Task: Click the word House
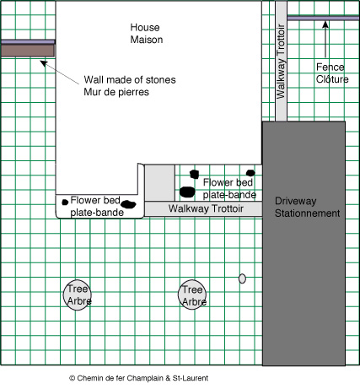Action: (x=145, y=27)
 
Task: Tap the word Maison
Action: (x=147, y=40)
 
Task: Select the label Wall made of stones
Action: (x=130, y=80)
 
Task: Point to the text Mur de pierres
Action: (x=116, y=92)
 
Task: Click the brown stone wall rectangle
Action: (x=28, y=51)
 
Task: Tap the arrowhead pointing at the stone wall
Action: (x=44, y=63)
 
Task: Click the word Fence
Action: (x=330, y=67)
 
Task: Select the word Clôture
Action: (x=332, y=79)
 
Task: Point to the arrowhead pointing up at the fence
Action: (x=325, y=24)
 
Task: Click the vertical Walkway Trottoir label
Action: (x=281, y=62)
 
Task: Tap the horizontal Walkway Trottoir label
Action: (x=206, y=208)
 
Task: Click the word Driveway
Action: (x=296, y=201)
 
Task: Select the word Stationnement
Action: (x=307, y=213)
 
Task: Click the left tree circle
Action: (x=78, y=295)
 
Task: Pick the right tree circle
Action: (x=192, y=294)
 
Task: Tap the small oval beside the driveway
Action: (x=242, y=278)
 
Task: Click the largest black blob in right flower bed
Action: (x=187, y=192)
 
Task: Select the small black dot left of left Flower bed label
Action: (x=65, y=202)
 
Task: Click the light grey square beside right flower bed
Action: (x=159, y=183)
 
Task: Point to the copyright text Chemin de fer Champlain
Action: (x=139, y=378)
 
